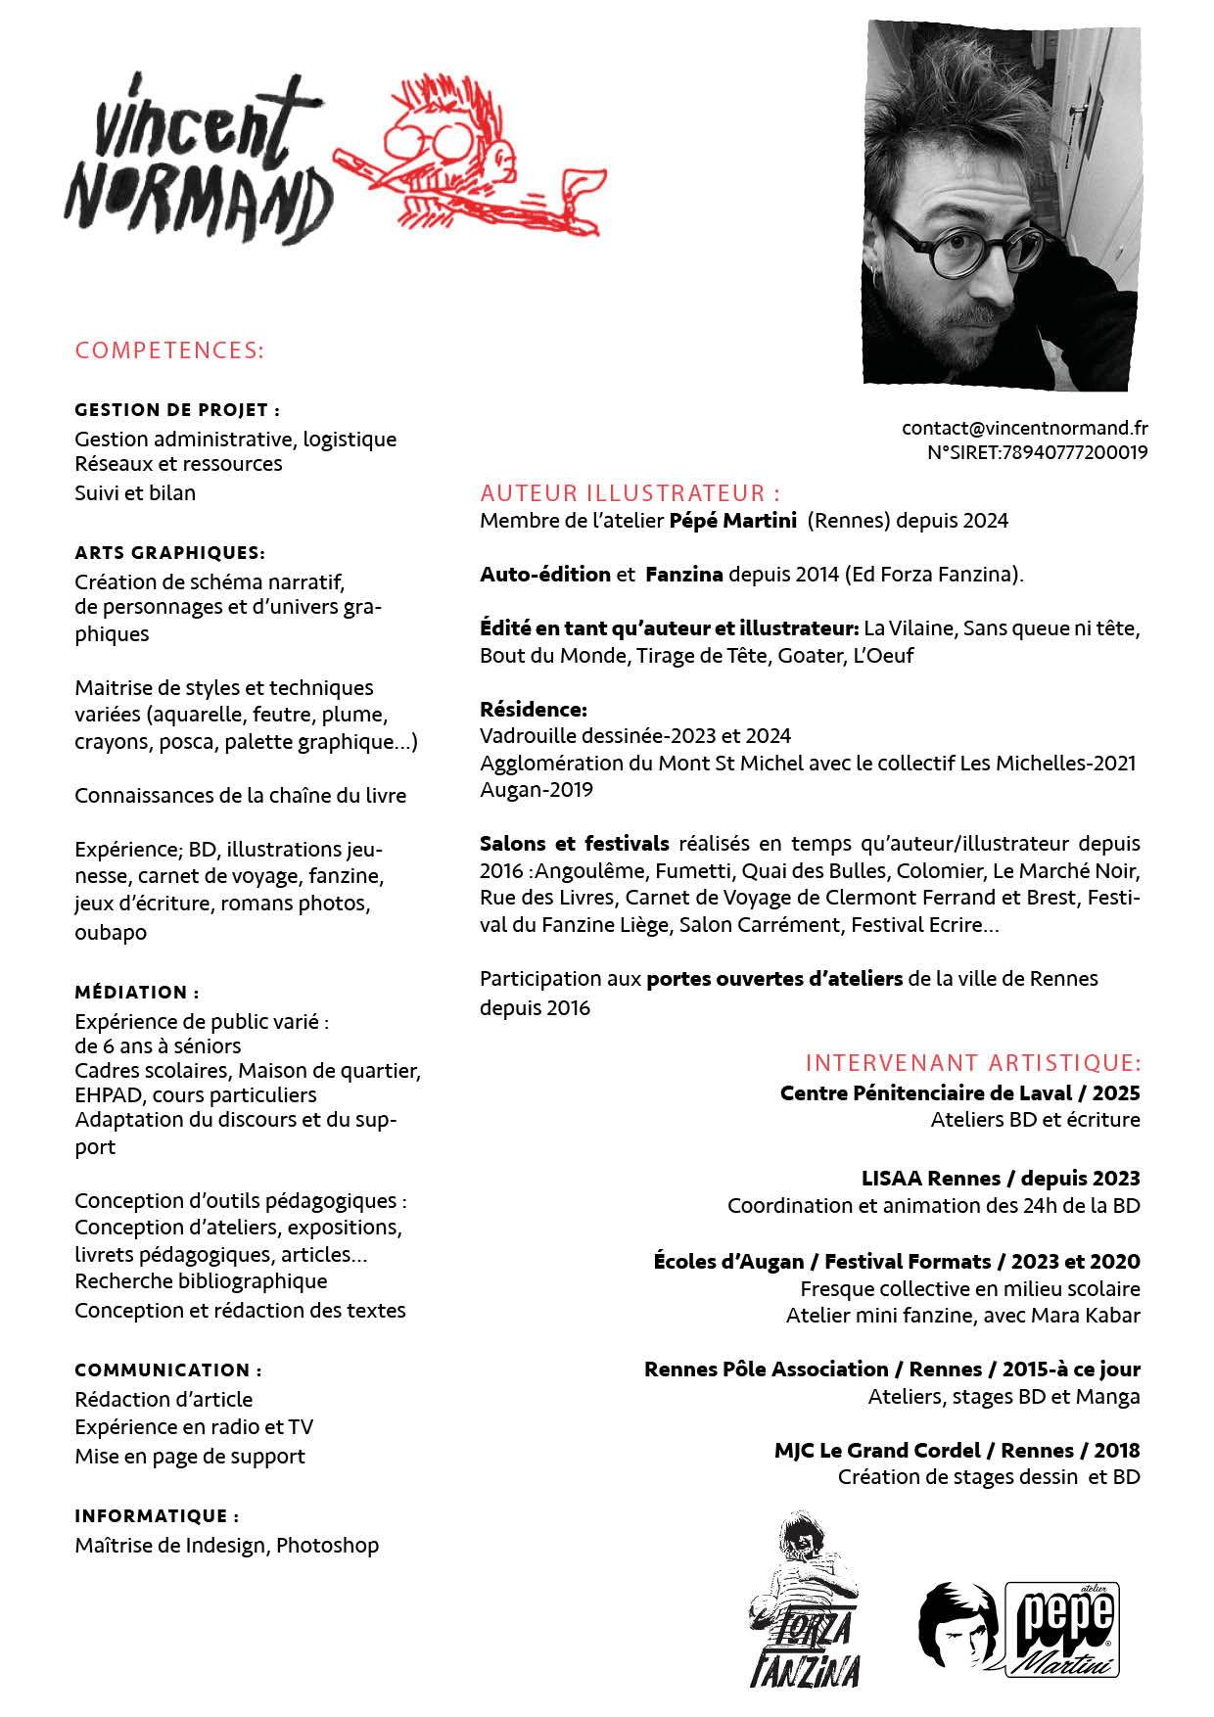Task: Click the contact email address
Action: coord(1024,428)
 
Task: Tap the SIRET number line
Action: coord(1037,452)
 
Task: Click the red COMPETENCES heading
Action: coord(169,350)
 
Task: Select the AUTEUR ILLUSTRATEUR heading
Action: coord(630,492)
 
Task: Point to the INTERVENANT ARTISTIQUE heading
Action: coord(972,1063)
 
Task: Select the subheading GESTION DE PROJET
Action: coord(176,410)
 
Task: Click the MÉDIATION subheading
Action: coord(136,993)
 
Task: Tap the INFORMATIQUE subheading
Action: coord(157,1516)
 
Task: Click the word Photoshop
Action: coord(327,1546)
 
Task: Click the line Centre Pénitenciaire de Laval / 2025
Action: coord(959,1092)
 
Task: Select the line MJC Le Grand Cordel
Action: coord(957,1450)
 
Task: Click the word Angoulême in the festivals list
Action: coord(593,870)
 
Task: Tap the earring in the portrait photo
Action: coord(873,275)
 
